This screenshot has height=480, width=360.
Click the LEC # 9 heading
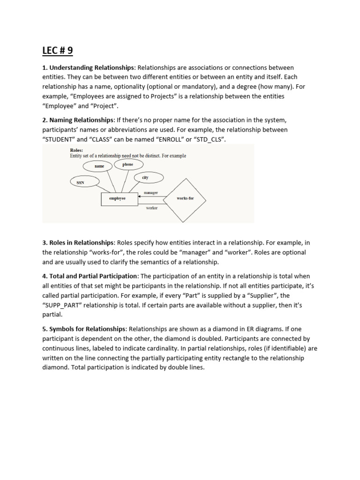58,51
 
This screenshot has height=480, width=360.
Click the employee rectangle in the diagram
117,199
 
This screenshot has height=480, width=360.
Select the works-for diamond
185,199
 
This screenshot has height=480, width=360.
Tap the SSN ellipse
81,182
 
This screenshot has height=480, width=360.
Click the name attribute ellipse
99,166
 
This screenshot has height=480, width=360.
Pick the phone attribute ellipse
128,165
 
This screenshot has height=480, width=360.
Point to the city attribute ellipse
145,177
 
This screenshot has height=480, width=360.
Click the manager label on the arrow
150,193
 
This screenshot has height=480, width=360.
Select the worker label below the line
152,208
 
